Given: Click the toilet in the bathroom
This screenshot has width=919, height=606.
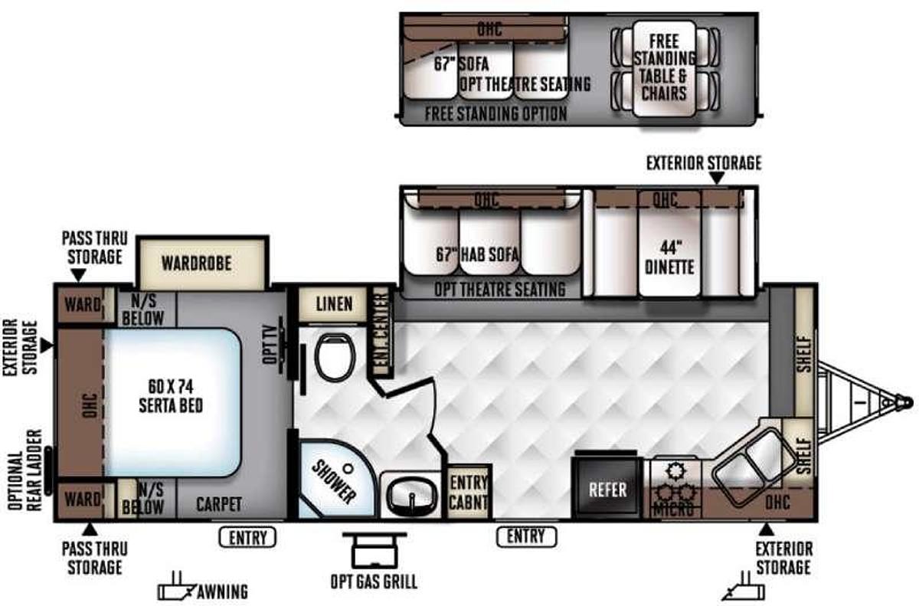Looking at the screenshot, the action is [x=335, y=357].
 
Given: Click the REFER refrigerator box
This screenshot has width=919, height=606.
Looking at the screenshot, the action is [x=607, y=489].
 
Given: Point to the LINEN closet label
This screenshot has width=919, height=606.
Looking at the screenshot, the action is [x=334, y=304].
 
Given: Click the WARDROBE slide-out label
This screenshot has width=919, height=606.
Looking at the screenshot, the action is [x=197, y=264].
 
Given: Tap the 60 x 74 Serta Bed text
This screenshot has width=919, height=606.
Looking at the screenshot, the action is [x=171, y=396].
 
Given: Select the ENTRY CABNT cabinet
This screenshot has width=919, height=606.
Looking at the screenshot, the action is [x=469, y=493].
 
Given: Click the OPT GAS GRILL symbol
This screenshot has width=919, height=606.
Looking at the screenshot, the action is [x=374, y=551].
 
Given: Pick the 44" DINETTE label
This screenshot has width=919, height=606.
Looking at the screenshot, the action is [x=669, y=257].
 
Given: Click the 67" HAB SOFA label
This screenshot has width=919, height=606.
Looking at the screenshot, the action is [x=477, y=254].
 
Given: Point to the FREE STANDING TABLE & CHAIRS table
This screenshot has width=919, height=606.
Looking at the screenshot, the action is [x=664, y=68].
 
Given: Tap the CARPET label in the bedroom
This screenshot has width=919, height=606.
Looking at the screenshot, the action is [x=219, y=504].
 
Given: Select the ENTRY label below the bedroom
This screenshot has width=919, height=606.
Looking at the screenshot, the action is [x=248, y=538].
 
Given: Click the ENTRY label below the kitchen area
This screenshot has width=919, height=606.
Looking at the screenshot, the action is [x=526, y=536].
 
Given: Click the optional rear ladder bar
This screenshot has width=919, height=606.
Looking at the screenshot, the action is [x=49, y=470].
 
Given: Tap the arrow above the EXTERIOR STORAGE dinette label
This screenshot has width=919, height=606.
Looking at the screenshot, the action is [x=717, y=178].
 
